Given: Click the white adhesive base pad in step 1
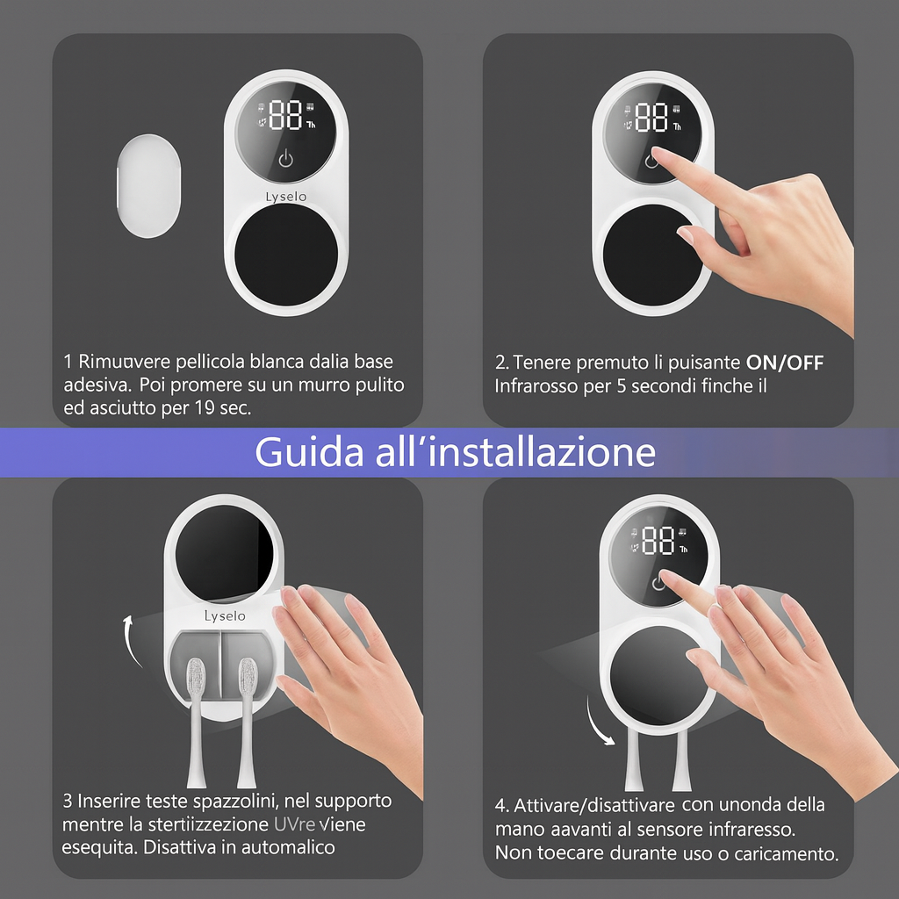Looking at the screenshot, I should pos(150,186).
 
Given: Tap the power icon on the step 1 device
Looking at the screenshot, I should pos(285,159).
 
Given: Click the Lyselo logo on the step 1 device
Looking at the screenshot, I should pos(286,197).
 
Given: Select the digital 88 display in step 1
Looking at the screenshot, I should pos(285,115).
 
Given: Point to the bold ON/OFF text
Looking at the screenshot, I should pos(784,363).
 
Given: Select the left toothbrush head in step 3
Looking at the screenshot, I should pos(197,680).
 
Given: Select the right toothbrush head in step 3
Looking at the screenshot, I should pos(247,680).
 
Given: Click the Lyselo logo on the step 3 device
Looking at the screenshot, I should pos(225,616).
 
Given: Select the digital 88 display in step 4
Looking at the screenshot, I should pos(658,541).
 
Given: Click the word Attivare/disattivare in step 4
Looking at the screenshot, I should pos(594,806).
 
